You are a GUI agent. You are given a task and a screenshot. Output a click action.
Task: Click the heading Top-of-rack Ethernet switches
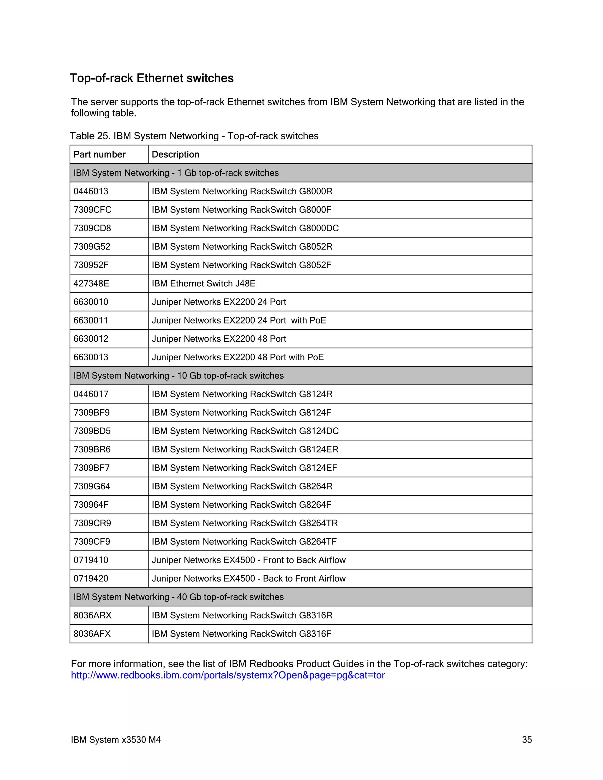click(x=151, y=78)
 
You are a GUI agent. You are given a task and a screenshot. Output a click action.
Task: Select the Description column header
click(x=175, y=154)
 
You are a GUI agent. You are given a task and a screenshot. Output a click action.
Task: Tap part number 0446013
click(x=91, y=191)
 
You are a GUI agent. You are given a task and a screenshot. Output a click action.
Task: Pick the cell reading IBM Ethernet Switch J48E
click(x=204, y=283)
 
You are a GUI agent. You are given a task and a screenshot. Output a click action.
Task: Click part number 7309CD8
click(x=92, y=228)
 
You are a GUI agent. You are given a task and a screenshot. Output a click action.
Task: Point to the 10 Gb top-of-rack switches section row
click(x=179, y=376)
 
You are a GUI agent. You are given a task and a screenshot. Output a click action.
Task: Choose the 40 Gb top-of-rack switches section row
click(x=179, y=597)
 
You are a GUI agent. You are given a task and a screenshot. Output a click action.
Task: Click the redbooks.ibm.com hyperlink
click(x=228, y=675)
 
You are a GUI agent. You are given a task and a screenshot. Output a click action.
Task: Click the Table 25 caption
click(x=194, y=136)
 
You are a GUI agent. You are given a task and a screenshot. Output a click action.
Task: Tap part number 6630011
click(x=91, y=320)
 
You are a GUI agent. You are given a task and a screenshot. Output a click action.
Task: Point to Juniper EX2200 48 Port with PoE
click(x=238, y=357)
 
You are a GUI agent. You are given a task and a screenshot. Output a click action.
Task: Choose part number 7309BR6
click(x=92, y=449)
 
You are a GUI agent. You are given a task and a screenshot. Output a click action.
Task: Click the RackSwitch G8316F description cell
click(x=241, y=634)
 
